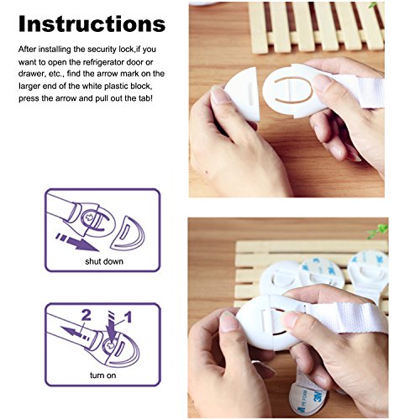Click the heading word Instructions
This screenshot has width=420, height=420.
(x=92, y=24)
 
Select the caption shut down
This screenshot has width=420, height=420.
(x=104, y=261)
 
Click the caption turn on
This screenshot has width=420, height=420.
(x=102, y=375)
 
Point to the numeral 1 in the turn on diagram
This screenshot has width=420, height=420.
(x=128, y=318)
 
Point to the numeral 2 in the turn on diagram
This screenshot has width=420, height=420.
(x=87, y=316)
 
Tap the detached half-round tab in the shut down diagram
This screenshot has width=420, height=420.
(x=129, y=234)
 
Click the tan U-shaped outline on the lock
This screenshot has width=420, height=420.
(x=292, y=91)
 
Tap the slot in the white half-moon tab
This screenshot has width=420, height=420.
(x=251, y=94)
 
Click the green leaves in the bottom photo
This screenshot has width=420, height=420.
(x=378, y=231)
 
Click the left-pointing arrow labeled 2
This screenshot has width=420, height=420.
(x=75, y=333)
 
